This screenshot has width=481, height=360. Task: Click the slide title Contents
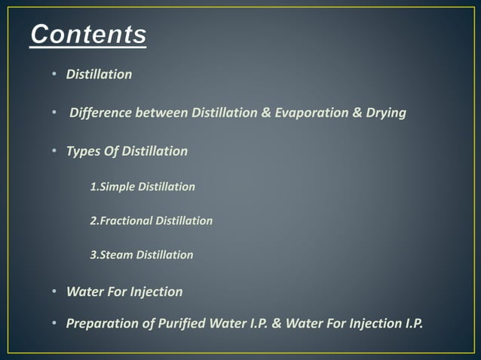pos(89,35)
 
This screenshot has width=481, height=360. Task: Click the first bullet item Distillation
pos(99,75)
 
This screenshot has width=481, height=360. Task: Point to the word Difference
pos(101,113)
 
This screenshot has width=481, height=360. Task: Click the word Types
pos(82,151)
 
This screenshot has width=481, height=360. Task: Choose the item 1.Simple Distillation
pos(142,187)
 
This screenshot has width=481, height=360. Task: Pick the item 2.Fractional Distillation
pos(151,221)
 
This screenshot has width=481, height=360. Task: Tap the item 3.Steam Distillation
pos(141,255)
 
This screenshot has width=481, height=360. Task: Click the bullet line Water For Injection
pos(124,291)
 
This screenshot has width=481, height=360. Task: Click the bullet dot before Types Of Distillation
pos(55,151)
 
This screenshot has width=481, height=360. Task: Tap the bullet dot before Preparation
pos(55,324)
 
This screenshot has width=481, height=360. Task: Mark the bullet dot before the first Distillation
pos(55,75)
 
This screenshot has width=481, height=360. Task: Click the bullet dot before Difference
pos(55,113)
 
